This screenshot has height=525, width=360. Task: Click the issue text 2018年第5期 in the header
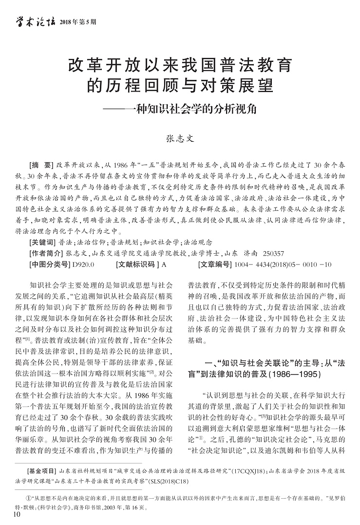coord(78,22)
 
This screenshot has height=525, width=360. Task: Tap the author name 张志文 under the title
coord(180,138)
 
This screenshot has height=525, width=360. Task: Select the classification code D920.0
coord(83,264)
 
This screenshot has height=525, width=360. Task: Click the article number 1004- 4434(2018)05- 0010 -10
coord(283,264)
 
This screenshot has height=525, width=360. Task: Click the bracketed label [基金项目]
coord(41,458)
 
